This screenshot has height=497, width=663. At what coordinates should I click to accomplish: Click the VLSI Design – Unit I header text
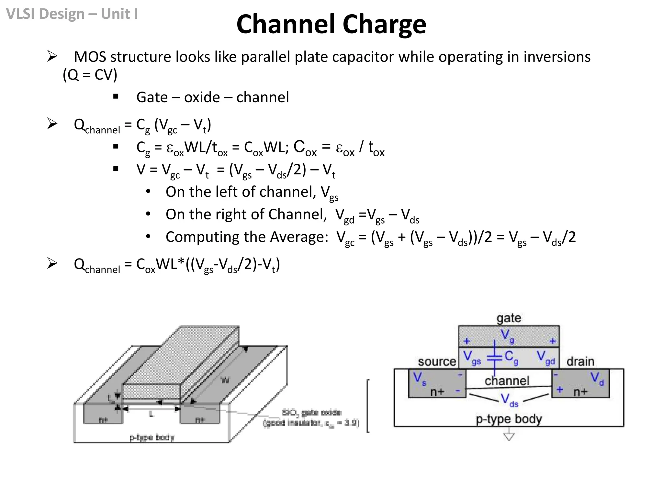click(72, 14)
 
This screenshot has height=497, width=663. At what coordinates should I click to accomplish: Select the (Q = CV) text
click(90, 75)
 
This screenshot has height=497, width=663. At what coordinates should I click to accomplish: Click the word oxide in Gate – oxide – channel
click(202, 97)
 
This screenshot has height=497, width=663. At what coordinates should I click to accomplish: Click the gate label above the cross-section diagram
click(509, 318)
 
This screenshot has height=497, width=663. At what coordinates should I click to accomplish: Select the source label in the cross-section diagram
click(437, 361)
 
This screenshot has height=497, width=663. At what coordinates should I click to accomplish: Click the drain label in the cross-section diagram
click(580, 361)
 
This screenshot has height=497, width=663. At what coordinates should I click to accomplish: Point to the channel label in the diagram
click(507, 381)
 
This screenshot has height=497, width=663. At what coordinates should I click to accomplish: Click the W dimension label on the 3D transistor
click(225, 380)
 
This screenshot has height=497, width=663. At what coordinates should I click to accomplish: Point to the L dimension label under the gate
click(151, 414)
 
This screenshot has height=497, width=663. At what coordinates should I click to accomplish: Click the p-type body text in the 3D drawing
click(152, 437)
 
